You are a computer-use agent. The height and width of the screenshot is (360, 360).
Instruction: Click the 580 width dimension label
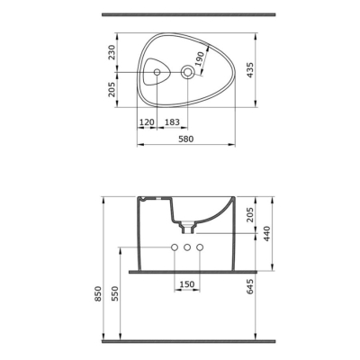pyautogui.click(x=186, y=139)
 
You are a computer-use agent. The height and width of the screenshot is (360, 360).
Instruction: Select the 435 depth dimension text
pyautogui.click(x=250, y=70)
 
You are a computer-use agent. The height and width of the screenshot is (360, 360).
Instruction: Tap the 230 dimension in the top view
pyautogui.click(x=112, y=52)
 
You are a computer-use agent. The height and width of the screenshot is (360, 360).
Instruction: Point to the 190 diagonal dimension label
pyautogui.click(x=200, y=58)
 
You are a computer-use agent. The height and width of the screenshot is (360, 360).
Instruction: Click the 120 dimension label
pyautogui.click(x=147, y=122)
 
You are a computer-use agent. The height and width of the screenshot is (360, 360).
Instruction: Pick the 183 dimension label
pyautogui.click(x=172, y=122)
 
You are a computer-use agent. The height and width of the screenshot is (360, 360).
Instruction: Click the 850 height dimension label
pyautogui.click(x=99, y=293)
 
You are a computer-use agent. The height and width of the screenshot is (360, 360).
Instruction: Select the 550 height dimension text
pyautogui.click(x=116, y=293)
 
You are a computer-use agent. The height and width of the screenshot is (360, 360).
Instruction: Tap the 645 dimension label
pyautogui.click(x=250, y=286)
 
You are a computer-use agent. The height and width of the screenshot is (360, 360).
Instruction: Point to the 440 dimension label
pyautogui.click(x=266, y=234)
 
